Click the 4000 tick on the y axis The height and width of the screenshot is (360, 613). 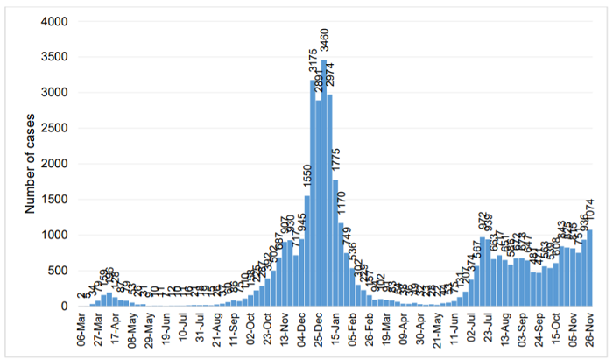(x=57, y=21)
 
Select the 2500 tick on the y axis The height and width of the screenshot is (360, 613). (x=57, y=128)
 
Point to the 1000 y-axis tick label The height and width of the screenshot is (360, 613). (x=57, y=235)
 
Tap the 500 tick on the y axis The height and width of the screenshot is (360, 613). (x=60, y=271)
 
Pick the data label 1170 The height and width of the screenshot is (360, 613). (x=342, y=202)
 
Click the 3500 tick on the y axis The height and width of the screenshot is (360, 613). (x=57, y=57)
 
